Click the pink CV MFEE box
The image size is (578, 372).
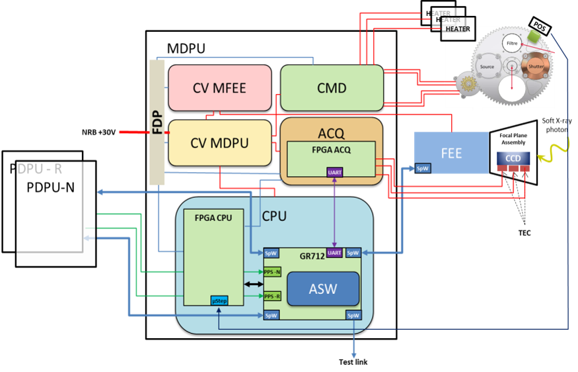(220, 87)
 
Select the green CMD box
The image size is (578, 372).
(332, 87)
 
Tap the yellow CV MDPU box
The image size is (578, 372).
(220, 142)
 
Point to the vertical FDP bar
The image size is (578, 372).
(157, 122)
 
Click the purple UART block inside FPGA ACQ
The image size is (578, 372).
(335, 172)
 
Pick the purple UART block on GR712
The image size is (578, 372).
(335, 253)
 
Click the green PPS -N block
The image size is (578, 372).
(272, 272)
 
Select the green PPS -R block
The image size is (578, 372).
(272, 296)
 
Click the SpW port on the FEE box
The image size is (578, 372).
(422, 169)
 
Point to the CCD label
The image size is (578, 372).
(513, 158)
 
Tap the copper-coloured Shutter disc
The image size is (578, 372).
(536, 66)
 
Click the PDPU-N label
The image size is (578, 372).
(51, 187)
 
